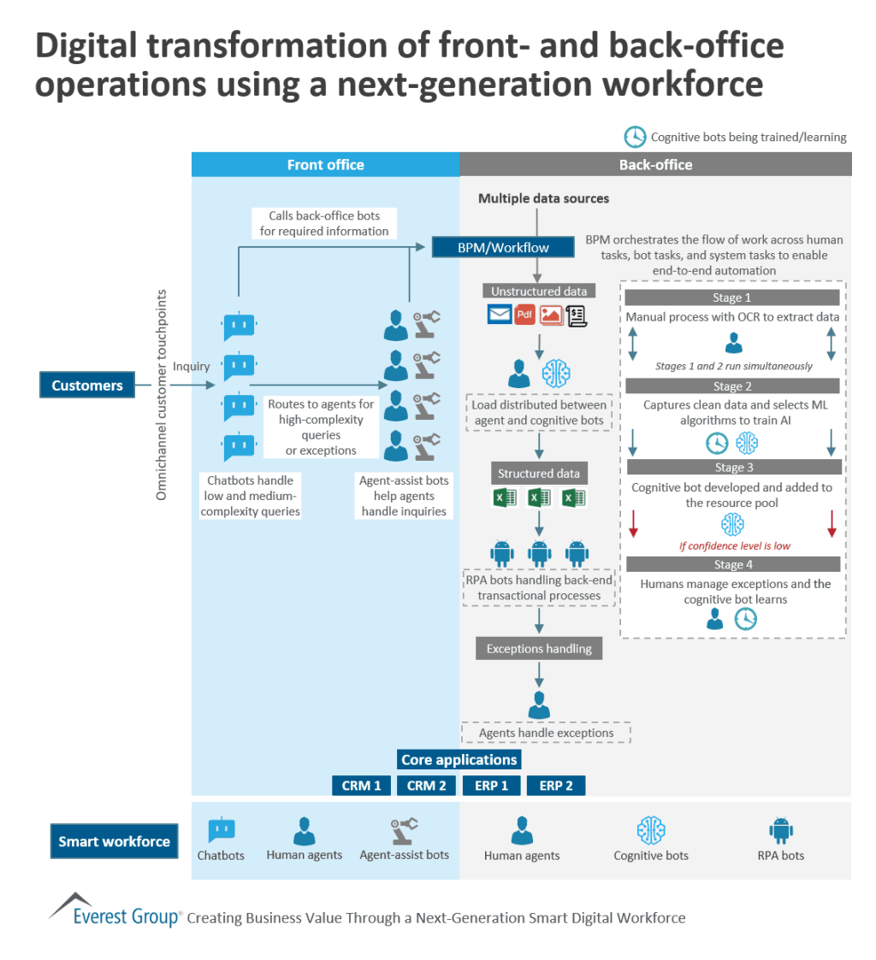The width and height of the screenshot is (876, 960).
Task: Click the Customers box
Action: pos(87,386)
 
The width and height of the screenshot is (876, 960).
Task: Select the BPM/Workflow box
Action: pos(502,247)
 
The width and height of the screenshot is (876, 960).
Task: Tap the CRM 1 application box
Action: pos(362,786)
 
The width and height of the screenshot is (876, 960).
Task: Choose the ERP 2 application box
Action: pos(556,786)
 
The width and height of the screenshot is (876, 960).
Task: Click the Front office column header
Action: pos(325,165)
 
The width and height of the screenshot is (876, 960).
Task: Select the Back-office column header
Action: pos(655,165)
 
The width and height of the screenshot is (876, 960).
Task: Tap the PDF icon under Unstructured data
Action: pos(525,315)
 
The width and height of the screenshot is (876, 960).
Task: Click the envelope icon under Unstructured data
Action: pos(500,315)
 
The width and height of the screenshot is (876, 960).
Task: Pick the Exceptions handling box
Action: pos(539,649)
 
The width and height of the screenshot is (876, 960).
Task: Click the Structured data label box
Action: pos(539,474)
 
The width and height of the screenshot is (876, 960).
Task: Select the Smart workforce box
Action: pos(114,841)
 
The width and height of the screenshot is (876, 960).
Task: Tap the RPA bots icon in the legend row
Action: pos(780,830)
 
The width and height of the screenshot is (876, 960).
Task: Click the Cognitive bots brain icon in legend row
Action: pos(651,830)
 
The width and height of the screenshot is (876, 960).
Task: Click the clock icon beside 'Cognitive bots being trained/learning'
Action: pos(635,137)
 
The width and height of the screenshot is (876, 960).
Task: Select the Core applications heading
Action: pos(459,760)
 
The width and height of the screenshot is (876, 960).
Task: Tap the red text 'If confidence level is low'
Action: pos(735,546)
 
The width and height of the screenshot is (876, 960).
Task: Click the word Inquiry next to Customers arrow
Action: pos(191,367)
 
